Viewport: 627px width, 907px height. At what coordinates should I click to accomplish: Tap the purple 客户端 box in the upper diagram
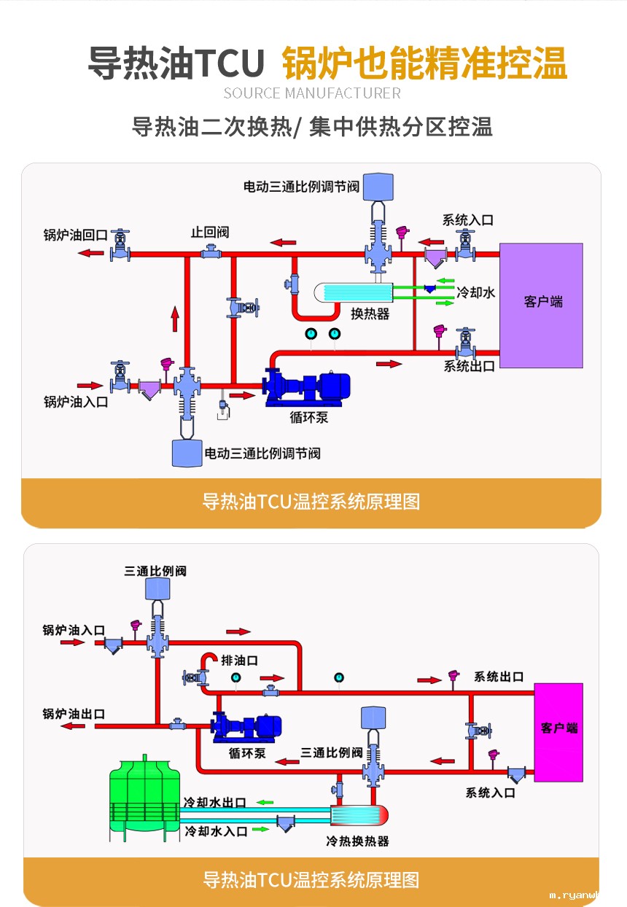[x=541, y=305]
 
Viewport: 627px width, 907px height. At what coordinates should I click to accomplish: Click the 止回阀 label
[x=210, y=232]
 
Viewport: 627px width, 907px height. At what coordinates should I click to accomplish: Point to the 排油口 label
[x=240, y=661]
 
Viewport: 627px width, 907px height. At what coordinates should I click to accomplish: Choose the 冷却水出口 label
[x=214, y=802]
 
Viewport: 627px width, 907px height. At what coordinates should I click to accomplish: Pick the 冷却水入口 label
[x=216, y=830]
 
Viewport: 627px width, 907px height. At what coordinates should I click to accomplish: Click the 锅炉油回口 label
[x=76, y=235]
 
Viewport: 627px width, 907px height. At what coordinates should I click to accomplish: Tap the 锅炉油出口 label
[x=74, y=713]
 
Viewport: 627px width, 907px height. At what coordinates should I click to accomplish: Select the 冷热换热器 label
[x=357, y=841]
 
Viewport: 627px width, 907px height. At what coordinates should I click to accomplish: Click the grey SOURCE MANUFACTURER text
[x=312, y=93]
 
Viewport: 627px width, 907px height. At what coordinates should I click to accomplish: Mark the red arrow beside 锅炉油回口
[x=91, y=253]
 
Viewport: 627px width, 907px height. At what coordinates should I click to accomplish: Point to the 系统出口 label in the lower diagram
[x=499, y=677]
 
